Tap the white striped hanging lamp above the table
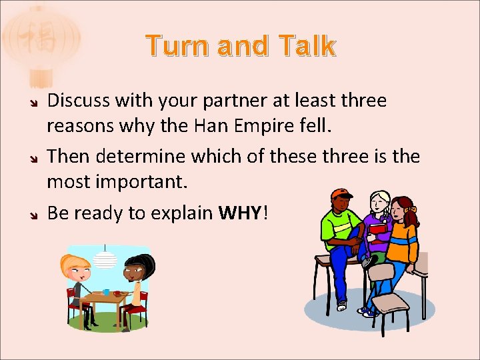click(105, 259)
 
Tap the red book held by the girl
click(377, 229)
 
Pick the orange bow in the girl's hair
click(413, 209)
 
